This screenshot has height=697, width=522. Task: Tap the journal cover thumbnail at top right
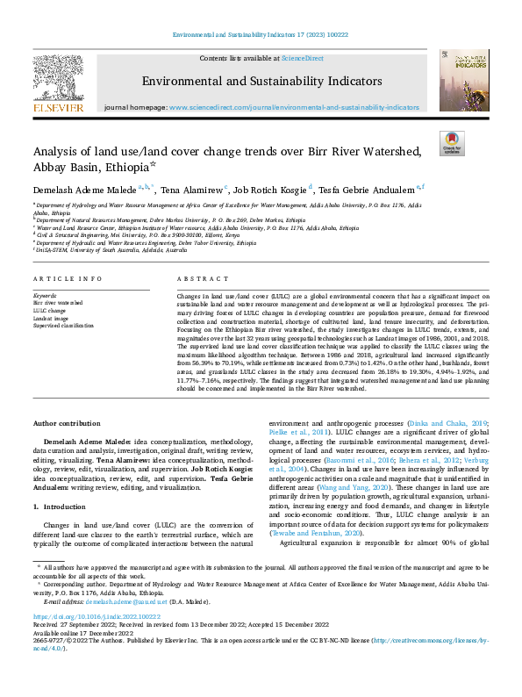click(464, 80)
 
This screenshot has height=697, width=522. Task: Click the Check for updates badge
click(451, 142)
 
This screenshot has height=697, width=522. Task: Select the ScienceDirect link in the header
click(302, 58)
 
